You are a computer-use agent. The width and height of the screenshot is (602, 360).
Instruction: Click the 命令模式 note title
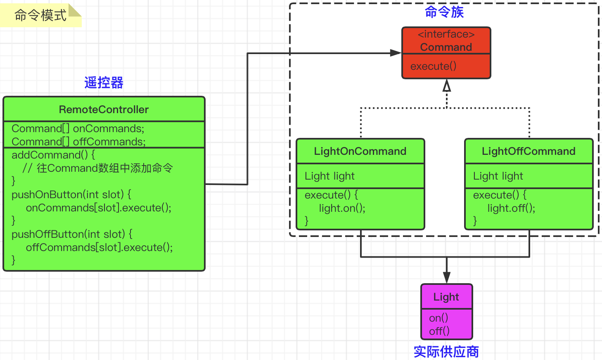point(40,16)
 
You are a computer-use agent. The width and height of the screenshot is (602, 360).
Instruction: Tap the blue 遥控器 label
point(104,83)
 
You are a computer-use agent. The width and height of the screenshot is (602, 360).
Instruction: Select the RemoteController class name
point(104,109)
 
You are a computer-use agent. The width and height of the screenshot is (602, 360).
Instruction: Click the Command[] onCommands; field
point(78,128)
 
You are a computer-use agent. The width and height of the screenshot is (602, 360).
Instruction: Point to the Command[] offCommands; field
point(78,142)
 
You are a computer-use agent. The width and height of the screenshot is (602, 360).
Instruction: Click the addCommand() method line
point(53,155)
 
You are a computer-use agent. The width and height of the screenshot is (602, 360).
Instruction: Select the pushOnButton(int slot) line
point(71,194)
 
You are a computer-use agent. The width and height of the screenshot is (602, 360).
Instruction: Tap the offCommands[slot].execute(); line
point(99,247)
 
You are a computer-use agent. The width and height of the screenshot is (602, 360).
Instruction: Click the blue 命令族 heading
point(444,12)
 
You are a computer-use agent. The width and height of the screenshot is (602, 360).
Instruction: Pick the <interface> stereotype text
point(446,34)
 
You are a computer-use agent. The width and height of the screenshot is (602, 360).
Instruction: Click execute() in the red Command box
point(433,66)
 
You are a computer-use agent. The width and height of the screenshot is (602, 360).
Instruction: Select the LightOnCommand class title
point(360,151)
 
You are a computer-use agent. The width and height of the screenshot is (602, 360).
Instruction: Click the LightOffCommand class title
point(529,151)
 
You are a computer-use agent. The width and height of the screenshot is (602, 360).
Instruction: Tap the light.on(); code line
point(342,208)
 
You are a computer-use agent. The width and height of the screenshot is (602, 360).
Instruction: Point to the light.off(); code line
point(511,208)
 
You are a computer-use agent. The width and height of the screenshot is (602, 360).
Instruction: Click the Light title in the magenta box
point(446,297)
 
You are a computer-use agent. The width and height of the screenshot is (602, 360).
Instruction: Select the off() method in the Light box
point(439,331)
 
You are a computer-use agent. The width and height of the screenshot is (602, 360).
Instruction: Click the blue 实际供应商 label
point(446,352)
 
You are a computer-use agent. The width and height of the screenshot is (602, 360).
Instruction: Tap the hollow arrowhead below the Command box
point(446,85)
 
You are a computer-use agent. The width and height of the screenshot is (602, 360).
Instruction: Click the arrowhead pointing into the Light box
point(446,277)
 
